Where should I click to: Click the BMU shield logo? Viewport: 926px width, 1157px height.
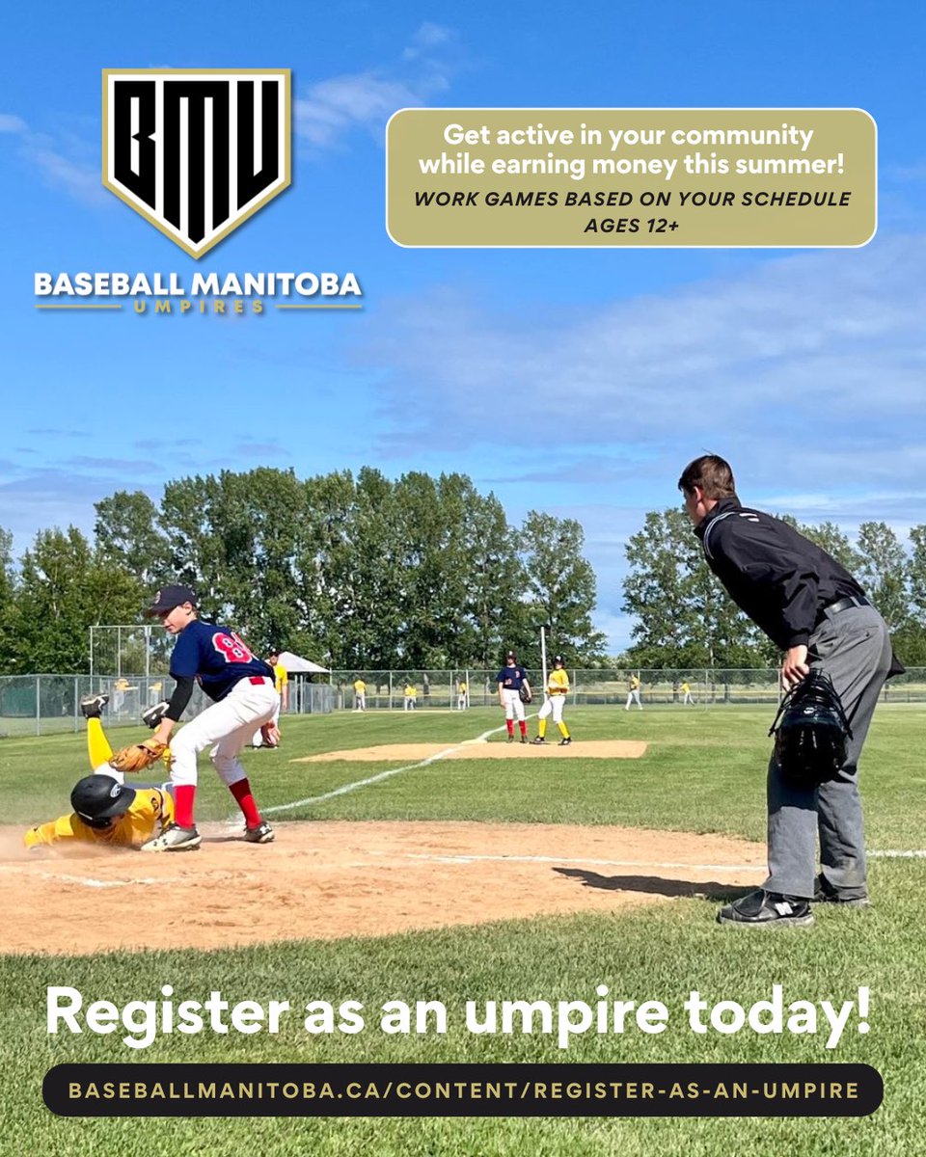point(197,159)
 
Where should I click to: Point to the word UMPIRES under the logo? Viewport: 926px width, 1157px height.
point(198,307)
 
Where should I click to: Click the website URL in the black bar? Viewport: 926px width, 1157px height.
point(463,1090)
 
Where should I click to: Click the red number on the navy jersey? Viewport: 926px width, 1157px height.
point(231,647)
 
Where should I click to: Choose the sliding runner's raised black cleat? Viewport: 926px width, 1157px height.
point(94,705)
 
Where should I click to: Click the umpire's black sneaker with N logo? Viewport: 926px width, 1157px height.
point(766,907)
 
